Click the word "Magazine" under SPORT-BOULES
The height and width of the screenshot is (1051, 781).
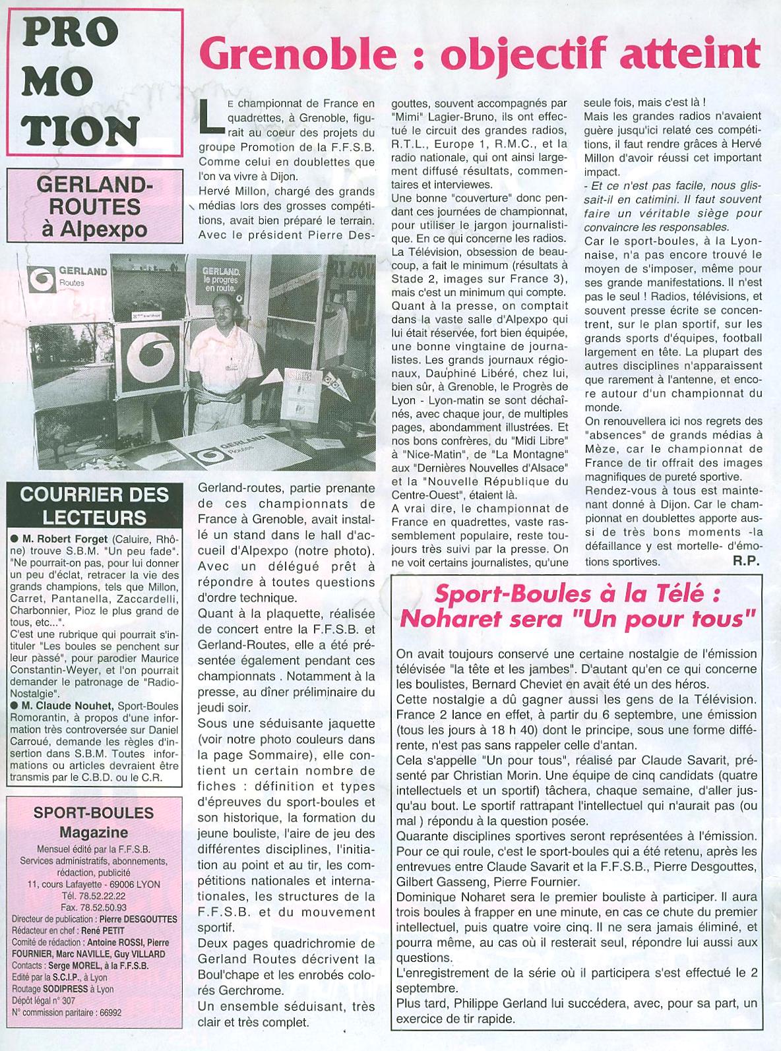[93, 832]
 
